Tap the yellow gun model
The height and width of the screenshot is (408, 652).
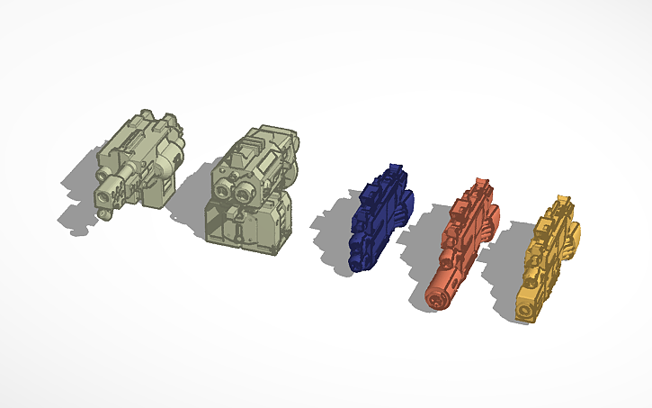[x=549, y=261]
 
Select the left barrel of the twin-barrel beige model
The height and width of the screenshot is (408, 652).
[x=223, y=189]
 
